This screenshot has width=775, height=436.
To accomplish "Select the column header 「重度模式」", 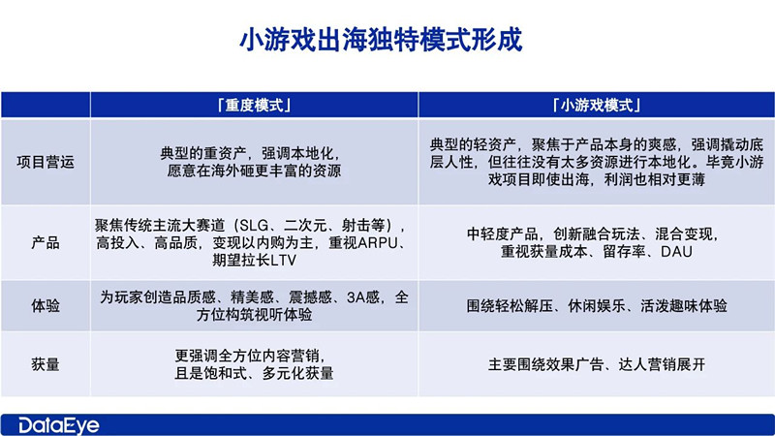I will (x=254, y=104).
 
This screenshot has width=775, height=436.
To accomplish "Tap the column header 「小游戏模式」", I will (x=598, y=104).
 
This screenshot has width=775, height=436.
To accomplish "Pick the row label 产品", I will (x=46, y=242).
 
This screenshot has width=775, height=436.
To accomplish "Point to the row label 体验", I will (x=46, y=305).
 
